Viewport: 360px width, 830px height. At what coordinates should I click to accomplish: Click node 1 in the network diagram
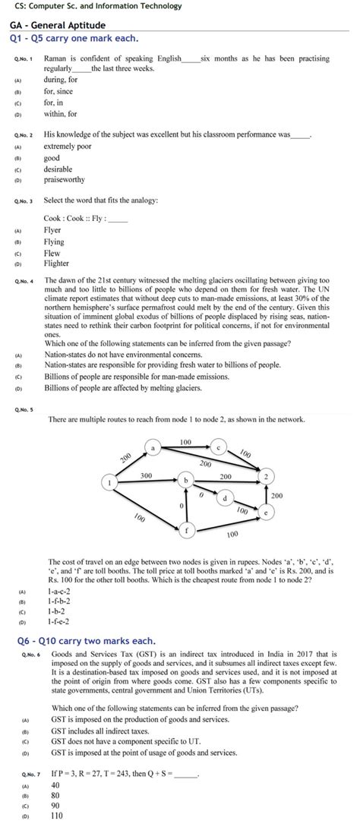111,482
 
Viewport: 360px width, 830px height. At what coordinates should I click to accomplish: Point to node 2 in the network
266,476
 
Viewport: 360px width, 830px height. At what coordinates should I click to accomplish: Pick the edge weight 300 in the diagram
147,475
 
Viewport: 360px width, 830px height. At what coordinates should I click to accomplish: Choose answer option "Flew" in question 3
52,254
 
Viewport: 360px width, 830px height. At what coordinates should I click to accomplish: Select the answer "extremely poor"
68,146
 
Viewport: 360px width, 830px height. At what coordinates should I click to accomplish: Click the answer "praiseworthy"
65,180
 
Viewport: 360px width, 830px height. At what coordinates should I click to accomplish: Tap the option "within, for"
60,114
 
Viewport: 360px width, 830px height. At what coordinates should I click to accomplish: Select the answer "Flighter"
57,264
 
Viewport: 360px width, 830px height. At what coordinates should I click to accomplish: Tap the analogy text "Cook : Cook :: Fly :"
75,218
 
